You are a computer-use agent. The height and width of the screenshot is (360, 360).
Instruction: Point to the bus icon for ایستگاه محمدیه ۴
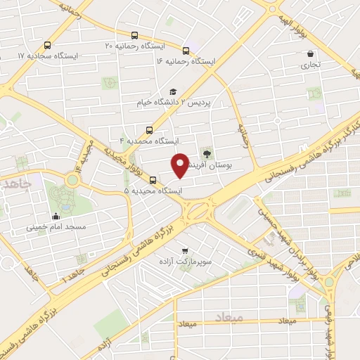click(148, 129)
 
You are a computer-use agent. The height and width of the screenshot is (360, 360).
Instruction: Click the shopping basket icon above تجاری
click(310, 53)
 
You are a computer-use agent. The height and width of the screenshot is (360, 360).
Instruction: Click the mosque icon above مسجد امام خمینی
click(56, 216)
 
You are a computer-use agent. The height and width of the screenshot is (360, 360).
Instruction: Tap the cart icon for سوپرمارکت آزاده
click(185, 250)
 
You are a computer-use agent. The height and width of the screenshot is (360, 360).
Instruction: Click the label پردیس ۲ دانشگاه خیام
click(173, 103)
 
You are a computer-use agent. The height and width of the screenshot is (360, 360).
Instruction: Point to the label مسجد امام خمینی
click(56, 227)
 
